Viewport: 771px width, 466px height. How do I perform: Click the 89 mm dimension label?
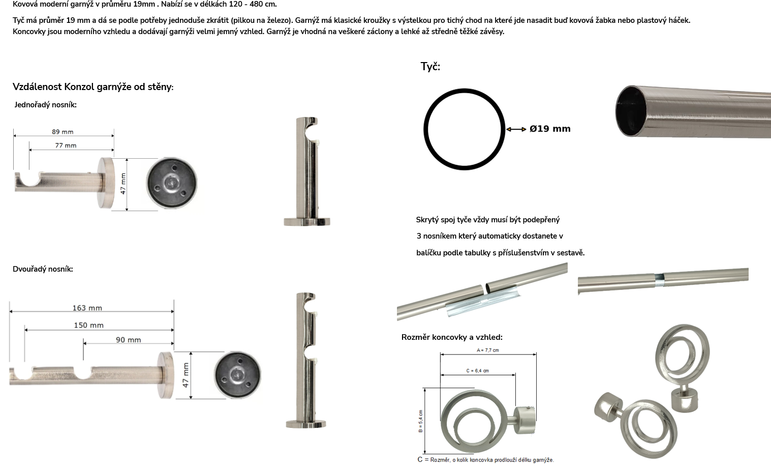coord(63,132)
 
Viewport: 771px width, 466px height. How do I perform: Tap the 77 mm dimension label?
coord(66,145)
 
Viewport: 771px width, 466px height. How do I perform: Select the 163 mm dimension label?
coord(87,308)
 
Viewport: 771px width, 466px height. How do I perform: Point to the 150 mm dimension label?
coord(89,325)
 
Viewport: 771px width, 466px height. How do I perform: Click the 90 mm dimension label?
coord(129,340)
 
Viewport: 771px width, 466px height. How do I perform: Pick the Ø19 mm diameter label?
coord(550,129)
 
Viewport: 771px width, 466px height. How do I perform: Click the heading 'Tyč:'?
coord(430,67)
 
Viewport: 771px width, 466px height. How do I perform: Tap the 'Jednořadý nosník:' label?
coord(45,105)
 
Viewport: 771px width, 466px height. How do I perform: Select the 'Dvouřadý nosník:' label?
coord(43,269)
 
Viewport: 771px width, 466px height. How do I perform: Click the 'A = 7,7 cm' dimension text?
coord(488,351)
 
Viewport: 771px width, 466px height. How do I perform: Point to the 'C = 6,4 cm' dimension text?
coord(477,371)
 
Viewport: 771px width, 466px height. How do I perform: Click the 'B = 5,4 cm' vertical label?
coord(421,421)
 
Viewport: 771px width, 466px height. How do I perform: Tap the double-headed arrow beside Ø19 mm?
coord(516,129)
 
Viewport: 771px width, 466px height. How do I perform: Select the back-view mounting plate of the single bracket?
coord(171,183)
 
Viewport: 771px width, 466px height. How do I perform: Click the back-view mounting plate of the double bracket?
coord(237,375)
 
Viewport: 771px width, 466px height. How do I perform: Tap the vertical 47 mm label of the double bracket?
coord(186,375)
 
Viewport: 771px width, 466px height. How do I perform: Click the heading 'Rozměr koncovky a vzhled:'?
coord(452,337)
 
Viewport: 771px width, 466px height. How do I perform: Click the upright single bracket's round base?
coord(306,221)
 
